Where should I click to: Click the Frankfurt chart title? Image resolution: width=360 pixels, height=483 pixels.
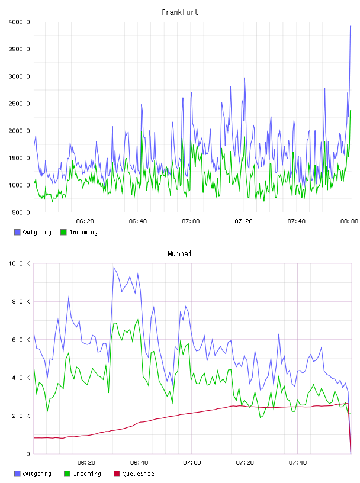[180, 12]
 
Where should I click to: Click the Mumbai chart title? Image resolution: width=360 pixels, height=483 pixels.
[179, 254]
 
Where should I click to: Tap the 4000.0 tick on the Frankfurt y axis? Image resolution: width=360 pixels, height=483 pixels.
[19, 22]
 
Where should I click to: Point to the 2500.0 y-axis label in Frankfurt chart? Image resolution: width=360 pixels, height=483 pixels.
[19, 104]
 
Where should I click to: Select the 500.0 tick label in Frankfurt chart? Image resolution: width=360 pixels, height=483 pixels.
[21, 212]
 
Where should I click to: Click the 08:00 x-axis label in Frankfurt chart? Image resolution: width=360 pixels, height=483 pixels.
[349, 221]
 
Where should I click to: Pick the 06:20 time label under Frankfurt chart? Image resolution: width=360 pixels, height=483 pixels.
[85, 221]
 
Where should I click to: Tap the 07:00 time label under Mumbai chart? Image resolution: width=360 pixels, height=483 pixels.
[192, 463]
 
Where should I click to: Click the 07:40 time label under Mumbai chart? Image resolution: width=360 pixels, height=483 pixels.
[298, 463]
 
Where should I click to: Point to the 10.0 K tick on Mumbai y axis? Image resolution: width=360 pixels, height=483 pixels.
[19, 263]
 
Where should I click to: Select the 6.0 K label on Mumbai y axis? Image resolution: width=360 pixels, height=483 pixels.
[21, 339]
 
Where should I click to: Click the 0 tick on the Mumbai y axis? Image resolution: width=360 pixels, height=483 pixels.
[28, 454]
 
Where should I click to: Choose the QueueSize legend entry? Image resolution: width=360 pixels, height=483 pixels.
[134, 474]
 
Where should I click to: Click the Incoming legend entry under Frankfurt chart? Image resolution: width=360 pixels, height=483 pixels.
[79, 232]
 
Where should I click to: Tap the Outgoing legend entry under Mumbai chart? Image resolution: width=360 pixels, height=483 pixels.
[33, 474]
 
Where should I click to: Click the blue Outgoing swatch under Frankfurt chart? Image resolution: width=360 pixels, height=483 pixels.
[17, 232]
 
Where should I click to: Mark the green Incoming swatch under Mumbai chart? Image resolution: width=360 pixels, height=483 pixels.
[67, 474]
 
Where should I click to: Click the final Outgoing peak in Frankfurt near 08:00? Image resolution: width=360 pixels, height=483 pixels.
[351, 26]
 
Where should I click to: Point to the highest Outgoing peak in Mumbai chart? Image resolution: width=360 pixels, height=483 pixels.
[114, 268]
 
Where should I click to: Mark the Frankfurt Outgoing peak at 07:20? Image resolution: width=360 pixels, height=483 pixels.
[245, 78]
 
